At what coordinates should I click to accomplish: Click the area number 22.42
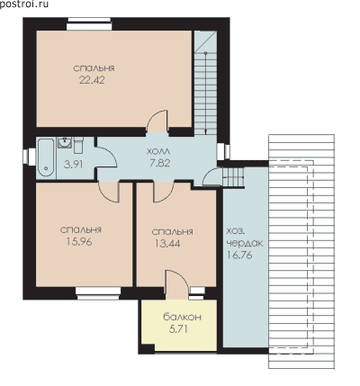(x=92, y=80)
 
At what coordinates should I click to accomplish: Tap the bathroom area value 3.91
(x=74, y=164)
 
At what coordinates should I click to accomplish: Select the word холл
(x=158, y=151)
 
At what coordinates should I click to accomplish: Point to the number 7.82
(x=160, y=163)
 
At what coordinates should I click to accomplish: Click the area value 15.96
(x=79, y=242)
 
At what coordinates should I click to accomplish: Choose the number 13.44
(x=167, y=244)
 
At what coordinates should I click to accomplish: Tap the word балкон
(x=182, y=317)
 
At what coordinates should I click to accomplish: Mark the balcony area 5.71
(x=178, y=329)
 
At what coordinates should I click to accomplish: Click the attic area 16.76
(x=239, y=255)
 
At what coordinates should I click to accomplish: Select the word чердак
(x=245, y=243)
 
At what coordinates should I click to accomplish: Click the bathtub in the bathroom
(x=46, y=157)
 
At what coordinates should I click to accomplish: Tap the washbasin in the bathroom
(x=65, y=143)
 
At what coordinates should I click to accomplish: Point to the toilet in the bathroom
(x=78, y=145)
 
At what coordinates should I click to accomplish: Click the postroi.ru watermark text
(x=24, y=4)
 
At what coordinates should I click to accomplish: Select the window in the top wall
(x=89, y=24)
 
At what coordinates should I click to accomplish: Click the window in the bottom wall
(x=98, y=293)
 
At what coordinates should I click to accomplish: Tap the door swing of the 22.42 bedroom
(x=157, y=121)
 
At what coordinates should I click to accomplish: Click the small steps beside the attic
(x=234, y=177)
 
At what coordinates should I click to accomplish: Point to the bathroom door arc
(x=106, y=157)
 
